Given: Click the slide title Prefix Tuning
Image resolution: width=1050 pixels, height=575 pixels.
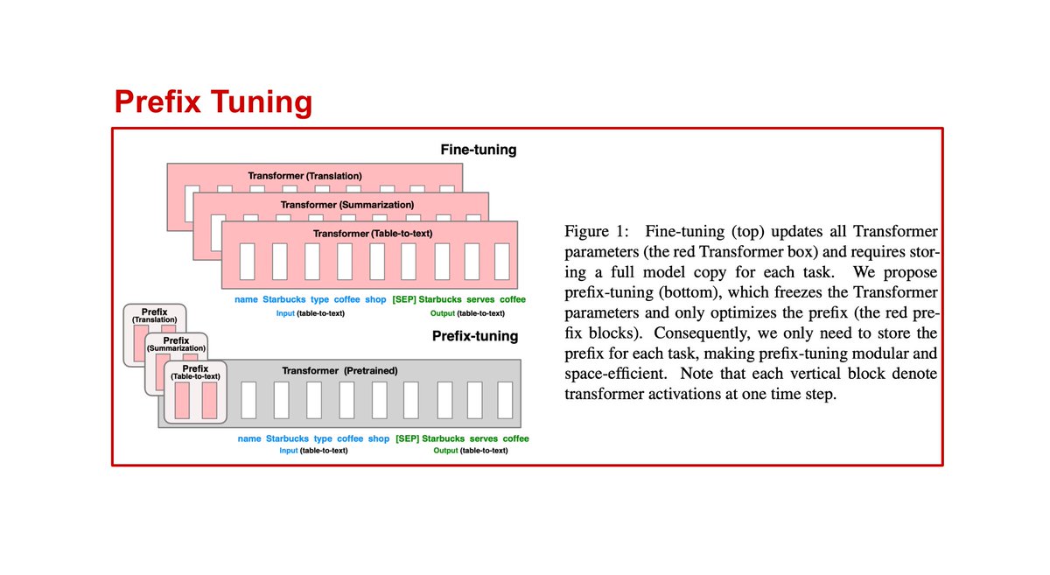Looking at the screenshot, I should pyautogui.click(x=213, y=102).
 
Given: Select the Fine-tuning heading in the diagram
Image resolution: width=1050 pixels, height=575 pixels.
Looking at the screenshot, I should pyautogui.click(x=478, y=150).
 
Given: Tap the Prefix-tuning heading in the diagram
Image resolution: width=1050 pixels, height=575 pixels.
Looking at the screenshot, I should pyautogui.click(x=475, y=336).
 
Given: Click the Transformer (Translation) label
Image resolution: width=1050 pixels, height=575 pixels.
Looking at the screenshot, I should pyautogui.click(x=304, y=175).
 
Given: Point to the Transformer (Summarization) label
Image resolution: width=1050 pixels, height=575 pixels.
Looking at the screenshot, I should pyautogui.click(x=347, y=205).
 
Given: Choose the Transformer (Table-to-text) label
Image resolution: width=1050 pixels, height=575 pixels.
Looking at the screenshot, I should pyautogui.click(x=373, y=234).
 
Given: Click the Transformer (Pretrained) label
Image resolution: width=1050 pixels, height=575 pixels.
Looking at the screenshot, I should pyautogui.click(x=339, y=371).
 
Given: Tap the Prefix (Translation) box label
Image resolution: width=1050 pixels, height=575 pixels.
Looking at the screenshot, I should pyautogui.click(x=154, y=315).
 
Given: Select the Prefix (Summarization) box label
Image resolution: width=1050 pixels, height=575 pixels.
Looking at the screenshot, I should pyautogui.click(x=176, y=344).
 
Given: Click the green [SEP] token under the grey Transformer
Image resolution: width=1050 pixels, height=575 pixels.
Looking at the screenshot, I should pyautogui.click(x=407, y=438).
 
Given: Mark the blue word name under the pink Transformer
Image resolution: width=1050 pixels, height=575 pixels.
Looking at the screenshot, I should pyautogui.click(x=246, y=299).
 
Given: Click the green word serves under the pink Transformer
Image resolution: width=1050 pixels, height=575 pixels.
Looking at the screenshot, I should pyautogui.click(x=480, y=299).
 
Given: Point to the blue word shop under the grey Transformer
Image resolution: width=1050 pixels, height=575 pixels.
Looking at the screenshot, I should pyautogui.click(x=379, y=438).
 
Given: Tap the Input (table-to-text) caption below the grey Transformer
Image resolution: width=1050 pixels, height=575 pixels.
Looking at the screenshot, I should pyautogui.click(x=313, y=451).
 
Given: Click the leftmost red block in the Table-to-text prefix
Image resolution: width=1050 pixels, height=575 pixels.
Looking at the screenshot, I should pyautogui.click(x=182, y=400).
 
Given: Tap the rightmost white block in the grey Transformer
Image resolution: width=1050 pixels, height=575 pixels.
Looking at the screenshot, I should pyautogui.click(x=505, y=400).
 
